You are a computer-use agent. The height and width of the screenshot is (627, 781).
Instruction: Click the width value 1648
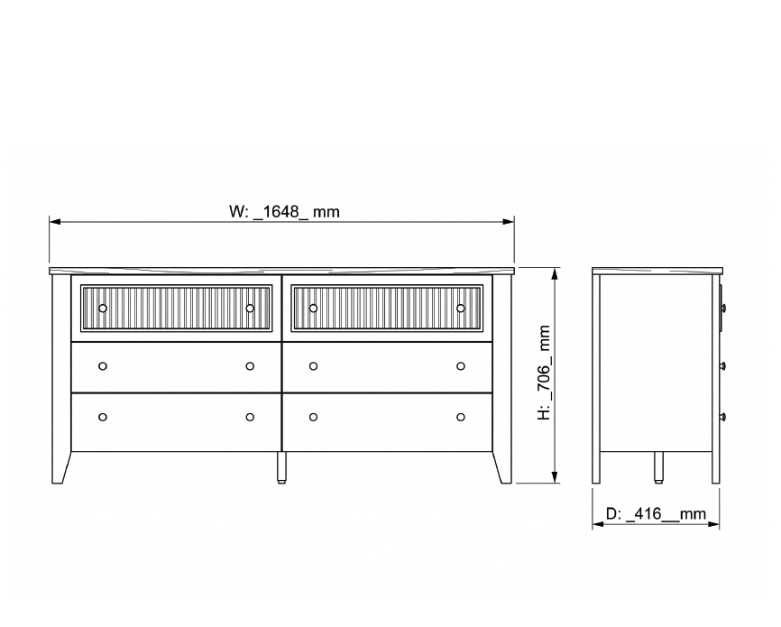[280, 211]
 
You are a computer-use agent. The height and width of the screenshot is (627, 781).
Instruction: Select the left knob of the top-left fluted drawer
[103, 308]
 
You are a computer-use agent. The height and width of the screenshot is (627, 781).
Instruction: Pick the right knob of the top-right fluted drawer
[461, 308]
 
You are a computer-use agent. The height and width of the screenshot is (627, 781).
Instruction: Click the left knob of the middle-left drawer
[103, 366]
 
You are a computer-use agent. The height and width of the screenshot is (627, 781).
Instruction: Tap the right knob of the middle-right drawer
[461, 366]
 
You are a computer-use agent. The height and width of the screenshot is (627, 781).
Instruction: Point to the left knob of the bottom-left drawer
[103, 417]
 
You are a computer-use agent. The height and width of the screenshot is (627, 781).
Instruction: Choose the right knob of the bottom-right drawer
[461, 417]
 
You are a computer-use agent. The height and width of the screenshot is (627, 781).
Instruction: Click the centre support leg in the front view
[281, 467]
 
